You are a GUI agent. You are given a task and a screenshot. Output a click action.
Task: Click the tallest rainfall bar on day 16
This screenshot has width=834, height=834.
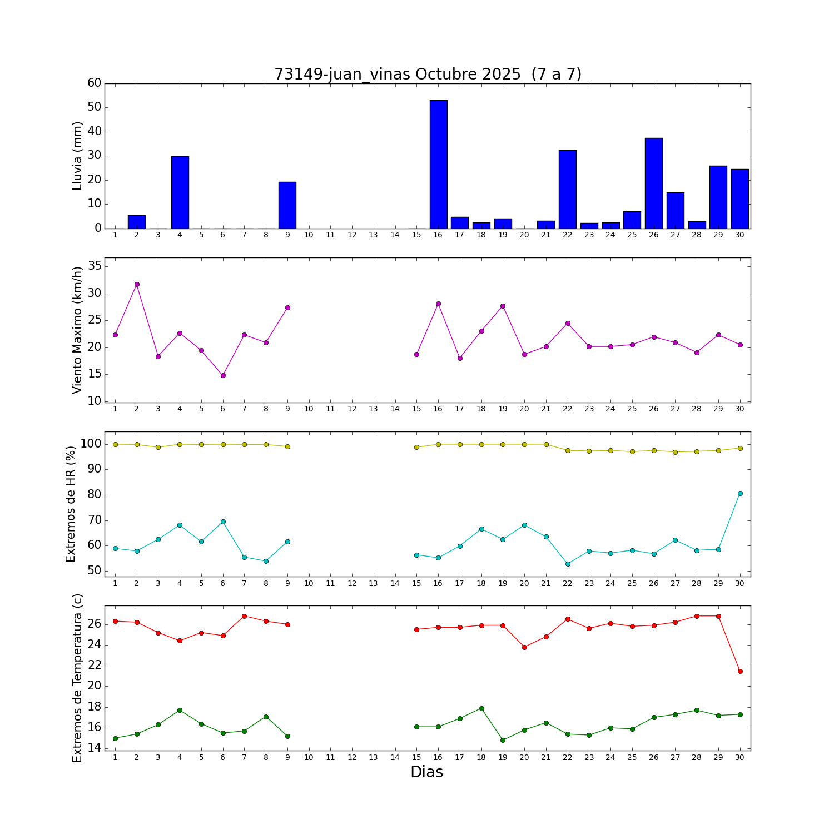click(438, 164)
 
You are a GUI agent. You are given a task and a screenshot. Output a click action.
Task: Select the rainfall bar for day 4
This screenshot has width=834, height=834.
click(180, 192)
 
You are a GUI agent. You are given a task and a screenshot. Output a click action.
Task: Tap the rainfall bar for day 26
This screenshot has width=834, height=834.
click(653, 183)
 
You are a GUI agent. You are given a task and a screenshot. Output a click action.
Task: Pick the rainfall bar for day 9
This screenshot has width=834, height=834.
click(287, 205)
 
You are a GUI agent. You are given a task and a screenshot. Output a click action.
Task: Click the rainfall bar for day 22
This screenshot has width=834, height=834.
click(567, 189)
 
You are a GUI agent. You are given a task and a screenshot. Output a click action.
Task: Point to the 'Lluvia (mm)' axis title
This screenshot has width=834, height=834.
click(77, 156)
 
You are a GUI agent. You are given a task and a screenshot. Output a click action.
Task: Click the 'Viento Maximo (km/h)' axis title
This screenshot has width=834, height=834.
click(77, 330)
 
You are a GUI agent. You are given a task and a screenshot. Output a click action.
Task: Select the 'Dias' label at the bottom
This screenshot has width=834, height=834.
click(426, 772)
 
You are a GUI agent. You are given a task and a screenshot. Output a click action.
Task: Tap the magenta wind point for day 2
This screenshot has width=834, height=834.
click(137, 284)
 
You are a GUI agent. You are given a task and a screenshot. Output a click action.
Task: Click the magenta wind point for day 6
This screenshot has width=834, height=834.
click(223, 375)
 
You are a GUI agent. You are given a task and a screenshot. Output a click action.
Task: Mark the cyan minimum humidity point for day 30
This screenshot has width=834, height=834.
click(739, 493)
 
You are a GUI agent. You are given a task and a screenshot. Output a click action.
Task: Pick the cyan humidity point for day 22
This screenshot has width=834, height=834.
click(567, 564)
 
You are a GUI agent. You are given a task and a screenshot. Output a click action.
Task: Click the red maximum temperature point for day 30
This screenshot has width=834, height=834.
click(739, 671)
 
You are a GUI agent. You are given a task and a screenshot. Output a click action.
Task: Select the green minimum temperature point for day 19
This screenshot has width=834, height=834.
click(503, 740)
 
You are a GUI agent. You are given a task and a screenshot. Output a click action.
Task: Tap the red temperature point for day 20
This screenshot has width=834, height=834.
click(524, 647)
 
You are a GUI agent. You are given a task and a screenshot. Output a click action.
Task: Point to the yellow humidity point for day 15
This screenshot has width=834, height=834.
click(416, 447)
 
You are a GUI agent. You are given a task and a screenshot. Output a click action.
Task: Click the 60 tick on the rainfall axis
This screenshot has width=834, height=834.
click(95, 83)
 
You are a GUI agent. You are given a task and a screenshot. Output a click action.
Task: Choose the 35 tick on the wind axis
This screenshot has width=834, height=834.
click(95, 266)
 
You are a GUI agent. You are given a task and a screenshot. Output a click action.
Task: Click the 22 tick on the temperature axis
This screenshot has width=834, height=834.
click(95, 666)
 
